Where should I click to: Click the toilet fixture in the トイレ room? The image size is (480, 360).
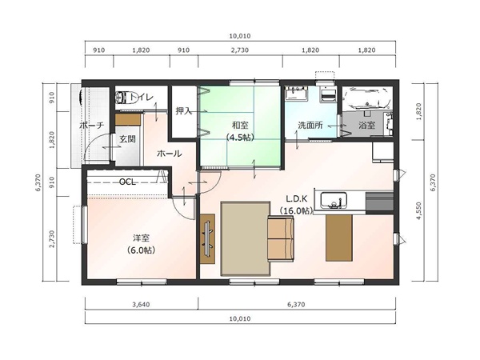coord(121,98)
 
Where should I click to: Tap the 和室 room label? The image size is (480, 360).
coord(240,125)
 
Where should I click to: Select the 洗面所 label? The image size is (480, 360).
coord(310,125)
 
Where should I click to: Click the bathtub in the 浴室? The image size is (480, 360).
coord(366,98)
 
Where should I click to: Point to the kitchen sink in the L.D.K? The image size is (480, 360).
coord(334,200)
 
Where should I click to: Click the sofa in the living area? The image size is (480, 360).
coord(281,238)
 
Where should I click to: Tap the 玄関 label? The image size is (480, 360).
coord(127,139)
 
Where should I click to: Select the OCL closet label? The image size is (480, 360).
coord(127,182)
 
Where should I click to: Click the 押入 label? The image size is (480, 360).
coord(183,111)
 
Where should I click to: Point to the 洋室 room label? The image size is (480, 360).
coord(141,238)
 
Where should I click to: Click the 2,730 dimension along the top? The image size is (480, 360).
coord(240,50)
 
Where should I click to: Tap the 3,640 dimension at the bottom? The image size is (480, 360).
coord(141,304)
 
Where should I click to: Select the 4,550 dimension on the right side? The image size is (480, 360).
coord(419,210)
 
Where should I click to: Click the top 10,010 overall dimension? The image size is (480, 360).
coord(240,36)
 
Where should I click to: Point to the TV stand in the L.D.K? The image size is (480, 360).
coord(207,238)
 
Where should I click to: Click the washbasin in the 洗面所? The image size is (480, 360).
coord(296,94)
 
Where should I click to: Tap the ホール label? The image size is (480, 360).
coord(170,154)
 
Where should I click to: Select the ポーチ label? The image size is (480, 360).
coord(92,125)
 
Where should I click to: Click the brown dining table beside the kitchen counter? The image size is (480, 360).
coord(339,238)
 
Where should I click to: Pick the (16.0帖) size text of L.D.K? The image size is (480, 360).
coord(296,210)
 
